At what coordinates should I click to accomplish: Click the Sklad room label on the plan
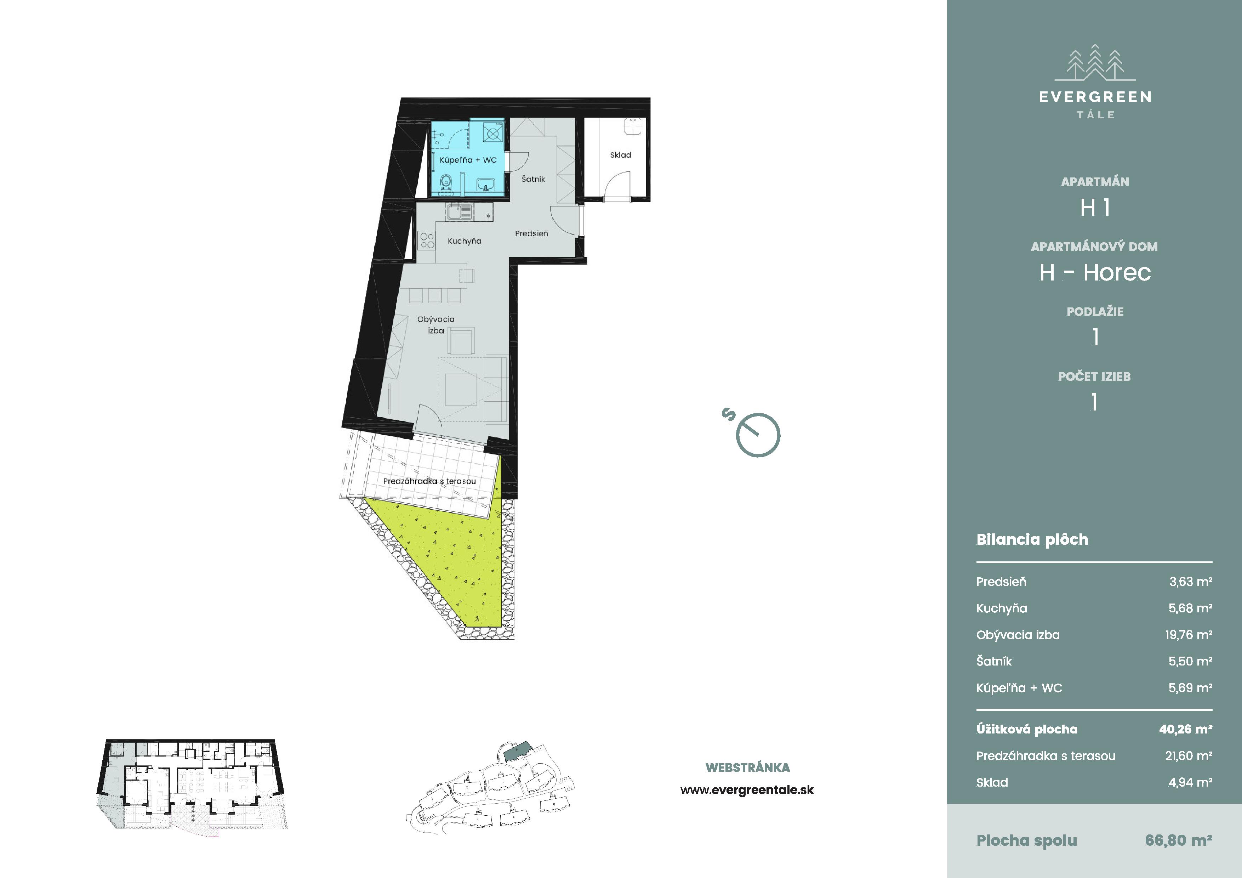620,155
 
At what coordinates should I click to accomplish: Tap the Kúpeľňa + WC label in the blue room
468,160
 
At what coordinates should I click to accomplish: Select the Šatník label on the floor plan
533,179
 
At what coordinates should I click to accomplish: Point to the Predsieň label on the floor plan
532,234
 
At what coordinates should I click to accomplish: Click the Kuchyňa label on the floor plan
464,241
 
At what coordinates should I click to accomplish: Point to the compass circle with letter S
758,435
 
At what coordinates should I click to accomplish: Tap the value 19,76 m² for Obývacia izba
1189,635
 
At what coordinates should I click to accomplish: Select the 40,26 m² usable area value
1186,729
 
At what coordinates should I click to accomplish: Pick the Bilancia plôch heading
1032,540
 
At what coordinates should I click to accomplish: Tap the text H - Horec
1095,273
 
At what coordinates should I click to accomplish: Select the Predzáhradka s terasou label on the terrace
429,481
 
